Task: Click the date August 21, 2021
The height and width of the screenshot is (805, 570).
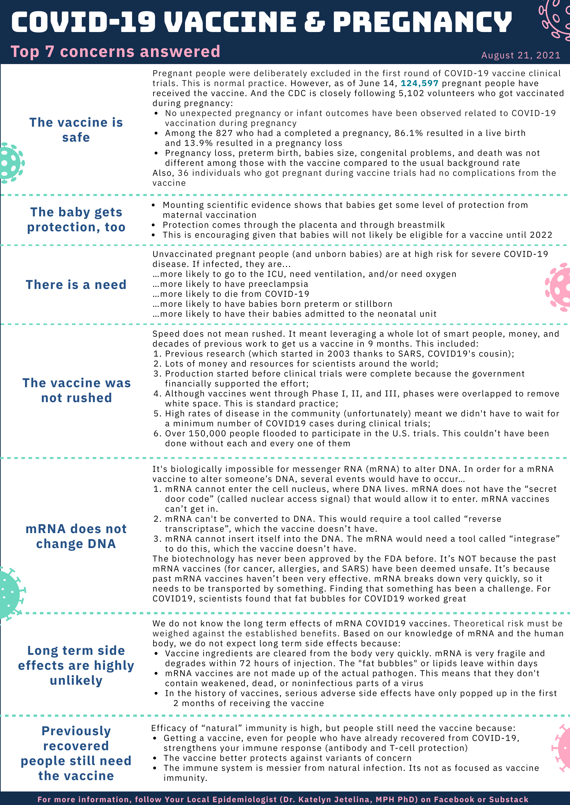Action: [x=521, y=55]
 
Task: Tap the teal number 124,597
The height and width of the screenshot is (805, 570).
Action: [x=419, y=84]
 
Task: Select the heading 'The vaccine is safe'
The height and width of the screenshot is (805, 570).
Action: [x=76, y=130]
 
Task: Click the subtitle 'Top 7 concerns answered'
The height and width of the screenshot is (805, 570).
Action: [x=115, y=51]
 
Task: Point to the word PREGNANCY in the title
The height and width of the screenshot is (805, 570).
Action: [x=423, y=22]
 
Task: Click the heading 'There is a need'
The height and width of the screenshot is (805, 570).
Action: [x=76, y=284]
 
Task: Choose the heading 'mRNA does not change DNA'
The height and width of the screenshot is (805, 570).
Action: [x=76, y=536]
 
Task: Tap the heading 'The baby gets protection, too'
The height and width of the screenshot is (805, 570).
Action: [x=76, y=219]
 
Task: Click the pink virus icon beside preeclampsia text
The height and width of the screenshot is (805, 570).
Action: [x=558, y=287]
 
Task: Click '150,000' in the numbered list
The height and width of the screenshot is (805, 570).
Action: [x=207, y=434]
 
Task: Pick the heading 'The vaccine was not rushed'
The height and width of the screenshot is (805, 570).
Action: [x=76, y=390]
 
